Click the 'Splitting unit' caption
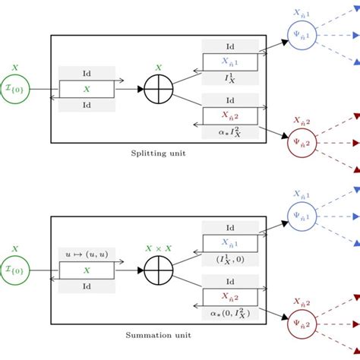point(157,153)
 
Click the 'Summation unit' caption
point(157,335)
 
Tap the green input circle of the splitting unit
point(15,89)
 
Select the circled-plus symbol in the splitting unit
point(159,89)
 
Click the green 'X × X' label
point(159,248)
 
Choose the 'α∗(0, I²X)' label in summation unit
point(230,312)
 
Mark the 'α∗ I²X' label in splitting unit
point(230,131)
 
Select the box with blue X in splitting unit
point(230,62)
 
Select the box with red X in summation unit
point(230,297)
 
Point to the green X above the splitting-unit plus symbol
point(159,67)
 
